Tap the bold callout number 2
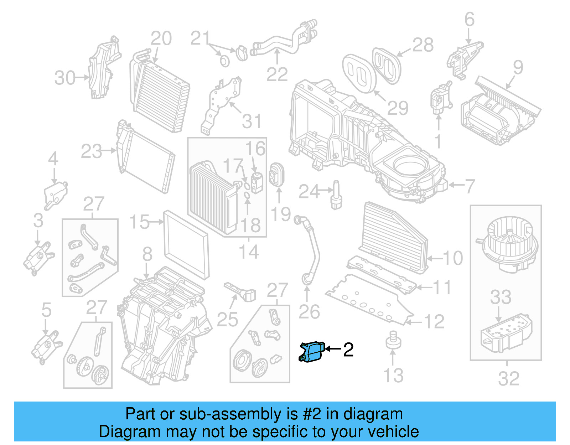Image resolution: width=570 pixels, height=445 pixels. [x=348, y=350]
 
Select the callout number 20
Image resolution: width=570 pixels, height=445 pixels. [x=161, y=38]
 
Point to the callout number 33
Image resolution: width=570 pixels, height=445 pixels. [x=501, y=297]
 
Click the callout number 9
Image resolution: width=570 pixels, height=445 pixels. [x=518, y=67]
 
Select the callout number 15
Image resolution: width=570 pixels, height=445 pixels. [x=139, y=222]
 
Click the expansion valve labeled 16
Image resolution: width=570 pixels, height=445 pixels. [x=256, y=181]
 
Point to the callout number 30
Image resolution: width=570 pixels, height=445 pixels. [x=65, y=78]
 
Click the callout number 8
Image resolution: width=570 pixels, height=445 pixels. [x=147, y=254]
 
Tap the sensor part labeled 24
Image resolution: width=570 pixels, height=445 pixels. [x=336, y=195]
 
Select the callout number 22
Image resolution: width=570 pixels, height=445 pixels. [x=277, y=74]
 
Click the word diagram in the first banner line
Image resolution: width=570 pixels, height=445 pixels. [x=380, y=414]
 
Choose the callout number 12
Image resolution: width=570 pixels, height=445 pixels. [x=434, y=322]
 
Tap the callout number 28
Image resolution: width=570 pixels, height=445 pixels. [x=423, y=45]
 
